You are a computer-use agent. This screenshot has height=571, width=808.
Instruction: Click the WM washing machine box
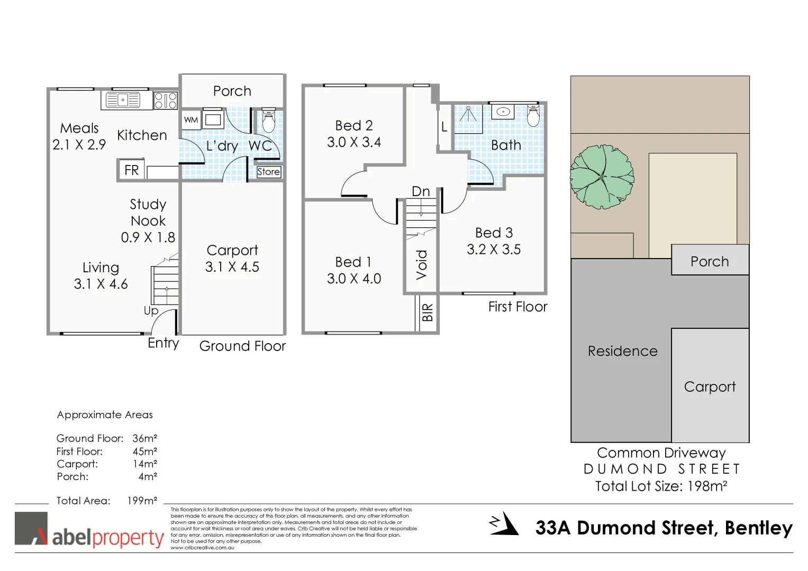(x=191, y=120)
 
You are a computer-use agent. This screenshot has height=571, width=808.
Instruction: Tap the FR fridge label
(x=131, y=170)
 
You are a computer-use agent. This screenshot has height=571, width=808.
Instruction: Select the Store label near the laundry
(x=268, y=172)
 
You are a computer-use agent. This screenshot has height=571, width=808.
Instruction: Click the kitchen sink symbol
(x=123, y=99)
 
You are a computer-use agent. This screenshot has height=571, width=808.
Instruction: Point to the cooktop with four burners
(x=166, y=100)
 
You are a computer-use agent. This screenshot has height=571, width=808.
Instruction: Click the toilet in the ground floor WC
(x=269, y=121)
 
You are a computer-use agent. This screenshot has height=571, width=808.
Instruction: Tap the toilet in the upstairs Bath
(x=533, y=116)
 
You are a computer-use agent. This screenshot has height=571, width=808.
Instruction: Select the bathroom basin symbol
(x=503, y=112)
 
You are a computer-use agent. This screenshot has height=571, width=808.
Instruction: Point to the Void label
(x=422, y=264)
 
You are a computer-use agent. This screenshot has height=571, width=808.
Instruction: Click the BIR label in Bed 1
(x=428, y=312)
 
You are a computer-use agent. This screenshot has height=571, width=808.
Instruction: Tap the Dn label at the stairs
(x=421, y=191)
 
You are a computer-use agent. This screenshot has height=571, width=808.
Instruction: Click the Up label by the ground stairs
(x=151, y=310)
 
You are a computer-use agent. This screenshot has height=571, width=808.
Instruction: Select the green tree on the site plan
(x=602, y=177)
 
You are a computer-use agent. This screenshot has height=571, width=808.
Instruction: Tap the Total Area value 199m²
(x=142, y=501)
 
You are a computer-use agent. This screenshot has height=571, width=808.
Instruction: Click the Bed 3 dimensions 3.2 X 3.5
(x=493, y=250)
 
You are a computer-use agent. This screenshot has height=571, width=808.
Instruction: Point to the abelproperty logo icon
(x=31, y=528)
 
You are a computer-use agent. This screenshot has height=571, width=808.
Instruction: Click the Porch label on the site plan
(x=710, y=262)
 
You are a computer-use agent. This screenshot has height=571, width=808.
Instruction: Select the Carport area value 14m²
(x=144, y=464)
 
